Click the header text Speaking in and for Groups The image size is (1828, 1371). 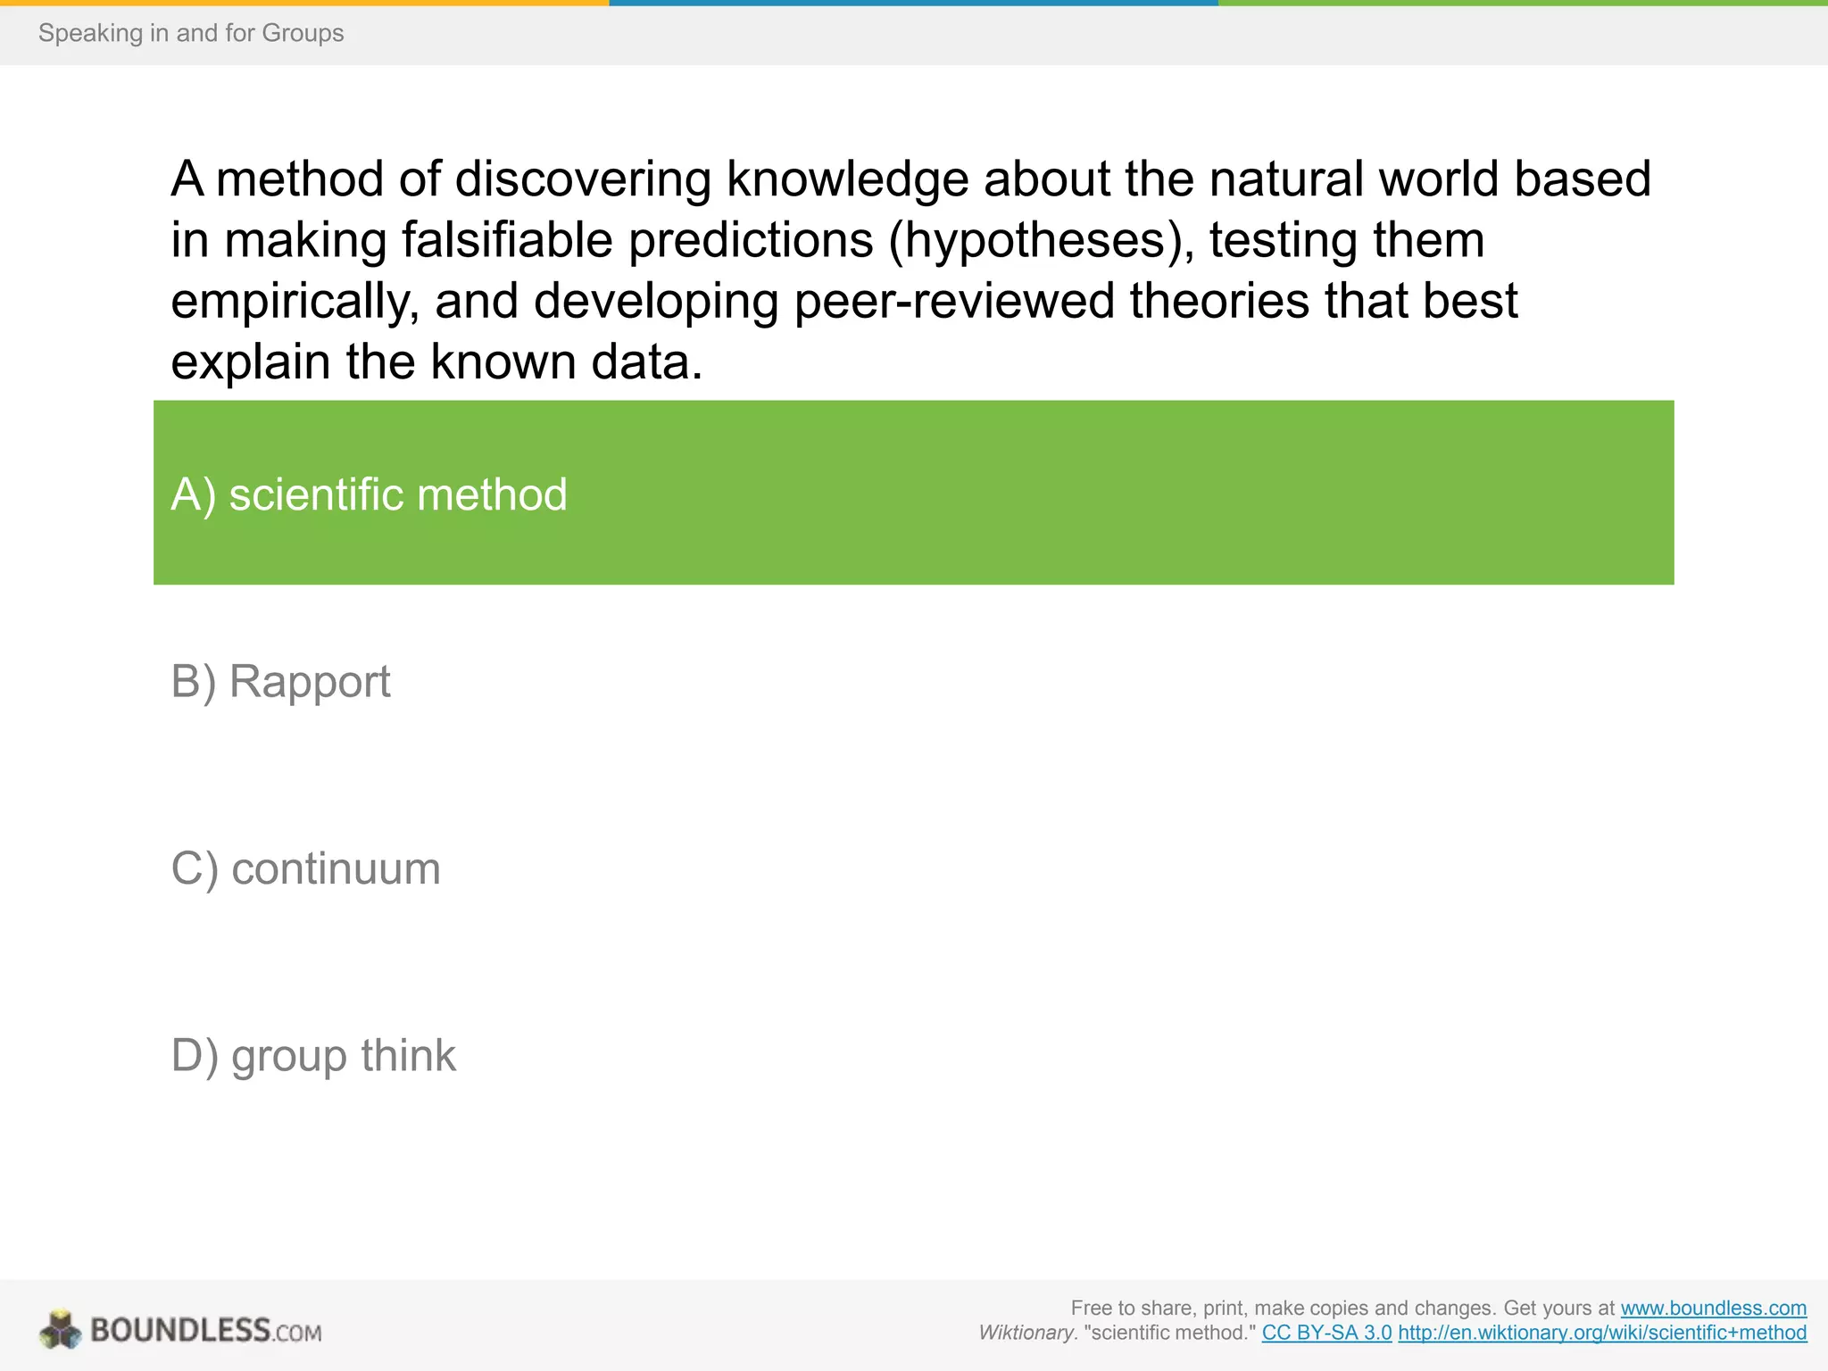(x=191, y=33)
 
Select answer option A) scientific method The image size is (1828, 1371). (x=369, y=494)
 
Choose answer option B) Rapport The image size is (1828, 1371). (x=280, y=682)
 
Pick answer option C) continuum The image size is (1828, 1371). (x=305, y=868)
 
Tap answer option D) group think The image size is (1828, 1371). (x=312, y=1056)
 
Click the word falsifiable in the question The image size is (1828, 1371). (x=508, y=240)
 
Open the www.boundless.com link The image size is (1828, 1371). (x=1713, y=1308)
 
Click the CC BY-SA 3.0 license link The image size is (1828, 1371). (x=1326, y=1333)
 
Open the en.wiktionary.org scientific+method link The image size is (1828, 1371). (x=1602, y=1333)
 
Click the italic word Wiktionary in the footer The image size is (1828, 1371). (x=1026, y=1333)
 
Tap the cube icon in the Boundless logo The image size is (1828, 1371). (x=61, y=1329)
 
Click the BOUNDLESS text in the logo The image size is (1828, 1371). (x=180, y=1330)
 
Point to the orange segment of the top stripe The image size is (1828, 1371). (x=303, y=3)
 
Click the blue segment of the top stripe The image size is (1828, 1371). (x=913, y=3)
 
